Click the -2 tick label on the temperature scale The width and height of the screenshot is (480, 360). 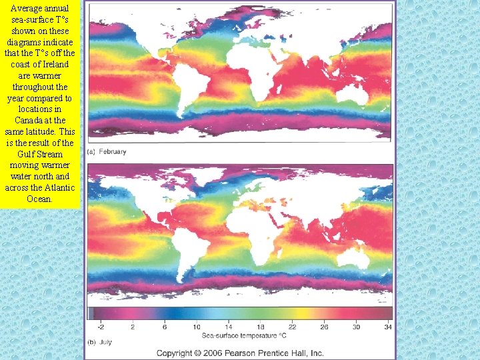pos(101,327)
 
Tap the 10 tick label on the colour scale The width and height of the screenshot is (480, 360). pos(197,327)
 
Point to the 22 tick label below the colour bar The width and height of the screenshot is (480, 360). pos(292,327)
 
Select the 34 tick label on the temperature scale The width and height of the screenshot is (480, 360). pos(388,327)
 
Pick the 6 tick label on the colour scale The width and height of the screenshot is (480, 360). pos(165,327)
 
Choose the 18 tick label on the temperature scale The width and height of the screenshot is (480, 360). pos(260,327)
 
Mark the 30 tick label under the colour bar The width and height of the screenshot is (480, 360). pos(356,327)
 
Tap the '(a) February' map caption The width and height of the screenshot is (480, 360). pos(107,152)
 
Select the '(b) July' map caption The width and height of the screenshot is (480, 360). pos(100,341)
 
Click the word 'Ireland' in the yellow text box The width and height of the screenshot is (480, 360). pos(55,64)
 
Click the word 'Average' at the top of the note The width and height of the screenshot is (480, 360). pos(27,8)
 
